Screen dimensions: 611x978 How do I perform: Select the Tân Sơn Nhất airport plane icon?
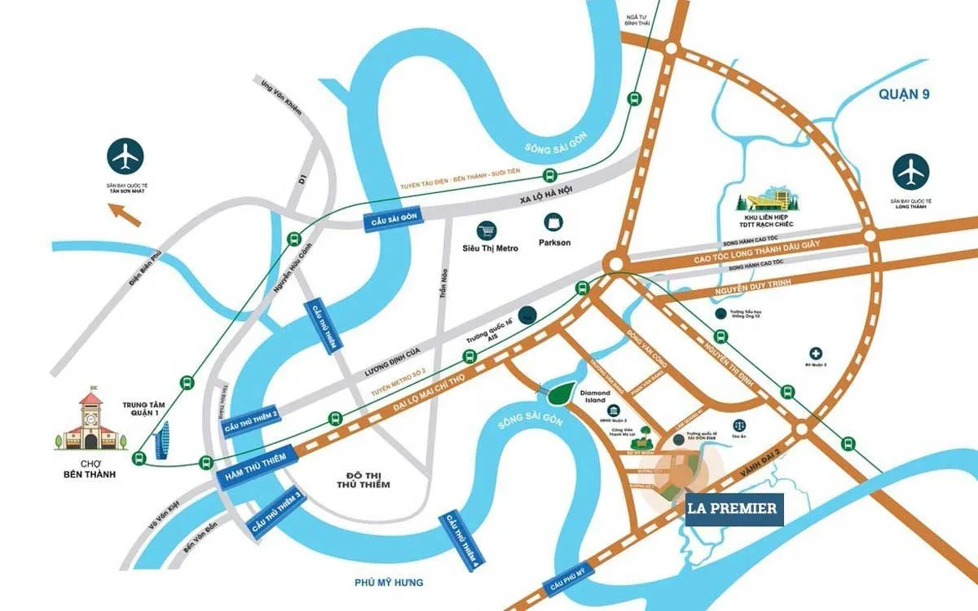126,155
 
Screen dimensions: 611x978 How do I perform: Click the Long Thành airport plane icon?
910,170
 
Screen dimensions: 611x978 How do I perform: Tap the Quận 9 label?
904,95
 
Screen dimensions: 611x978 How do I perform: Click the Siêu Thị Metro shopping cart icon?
488,230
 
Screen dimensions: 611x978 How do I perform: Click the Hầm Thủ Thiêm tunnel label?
252,470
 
